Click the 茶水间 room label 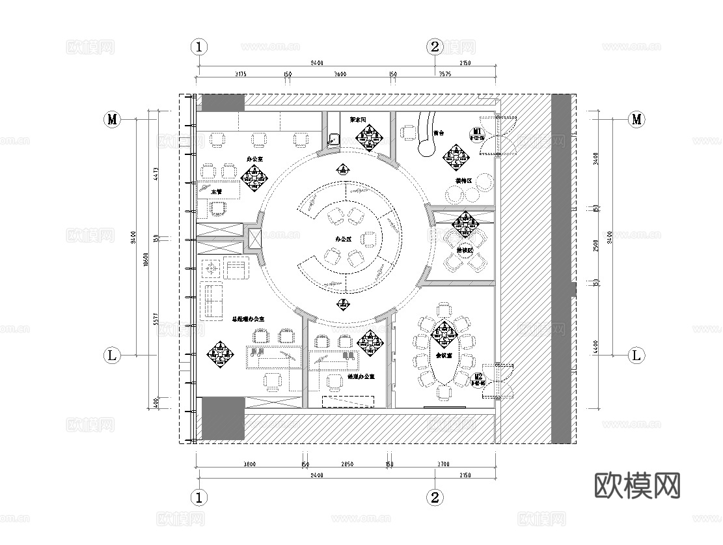(x=359, y=120)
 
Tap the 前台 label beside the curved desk (x=438, y=133)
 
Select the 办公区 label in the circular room (x=343, y=240)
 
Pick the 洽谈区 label (x=465, y=250)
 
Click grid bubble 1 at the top (x=199, y=47)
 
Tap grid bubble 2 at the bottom (x=435, y=498)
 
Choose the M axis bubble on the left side (x=113, y=119)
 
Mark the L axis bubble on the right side (x=636, y=356)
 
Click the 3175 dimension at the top (x=240, y=74)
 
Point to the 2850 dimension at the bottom (x=347, y=465)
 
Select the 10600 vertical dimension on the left (x=147, y=259)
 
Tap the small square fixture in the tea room (x=334, y=139)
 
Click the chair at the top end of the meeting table (x=444, y=309)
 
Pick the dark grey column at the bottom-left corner (x=222, y=418)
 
